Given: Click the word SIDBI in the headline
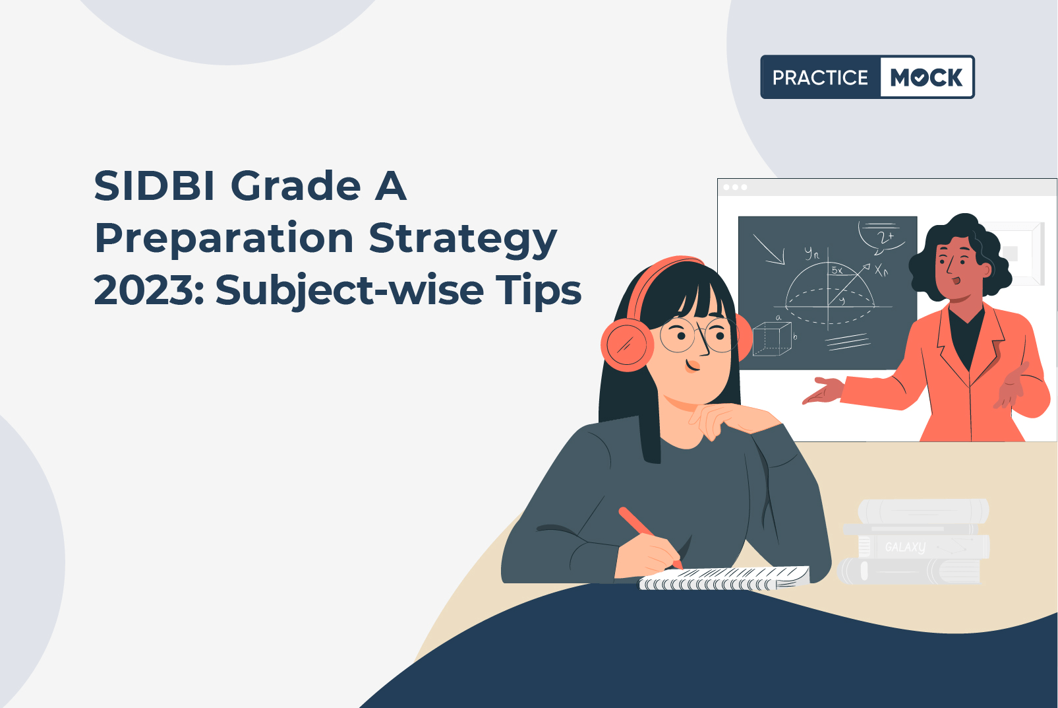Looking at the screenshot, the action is (154, 186).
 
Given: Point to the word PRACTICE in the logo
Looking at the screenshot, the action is (820, 77).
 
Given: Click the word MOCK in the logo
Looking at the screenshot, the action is (926, 77).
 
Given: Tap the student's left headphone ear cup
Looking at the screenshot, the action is (627, 344).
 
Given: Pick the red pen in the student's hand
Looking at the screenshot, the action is (650, 537).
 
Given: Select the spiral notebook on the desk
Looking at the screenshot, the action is (724, 578).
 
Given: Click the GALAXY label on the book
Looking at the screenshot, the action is (905, 547).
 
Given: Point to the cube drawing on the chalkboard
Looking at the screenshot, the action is (772, 338).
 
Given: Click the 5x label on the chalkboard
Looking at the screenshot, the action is (837, 270).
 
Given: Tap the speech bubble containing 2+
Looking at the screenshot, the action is (882, 237).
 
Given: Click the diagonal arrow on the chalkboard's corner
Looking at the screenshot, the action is (768, 249).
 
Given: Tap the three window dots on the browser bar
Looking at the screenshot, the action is (735, 187).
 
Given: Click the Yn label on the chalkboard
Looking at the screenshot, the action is (812, 253).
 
